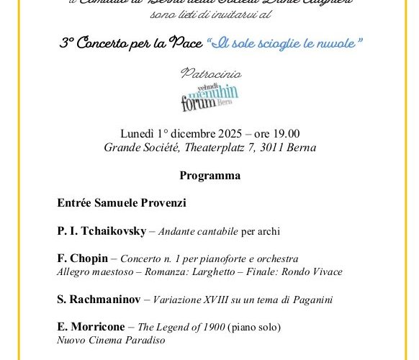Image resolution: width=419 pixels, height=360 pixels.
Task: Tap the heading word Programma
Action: click(209, 175)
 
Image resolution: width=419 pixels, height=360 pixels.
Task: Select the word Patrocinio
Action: click(209, 74)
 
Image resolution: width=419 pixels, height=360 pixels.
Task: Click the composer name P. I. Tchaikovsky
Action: click(102, 231)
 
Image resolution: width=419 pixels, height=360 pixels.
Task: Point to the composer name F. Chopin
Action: click(82, 258)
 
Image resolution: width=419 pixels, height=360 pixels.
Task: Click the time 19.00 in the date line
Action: click(284, 134)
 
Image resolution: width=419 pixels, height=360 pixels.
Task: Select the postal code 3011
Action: click(271, 148)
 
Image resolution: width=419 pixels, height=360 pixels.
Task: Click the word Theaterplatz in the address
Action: click(204, 148)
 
